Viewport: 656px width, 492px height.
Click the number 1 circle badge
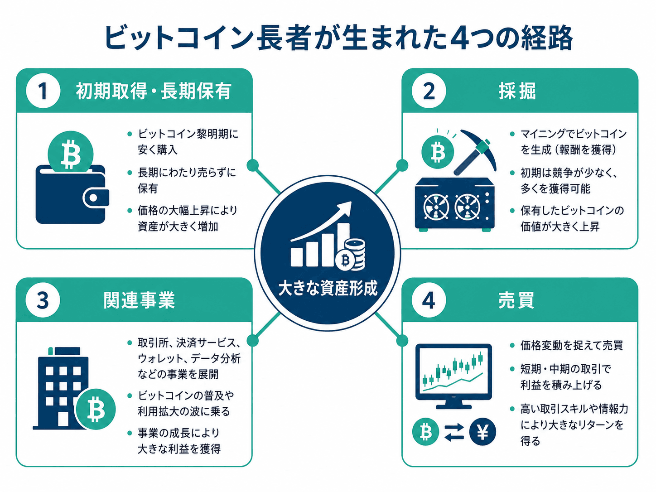(x=43, y=91)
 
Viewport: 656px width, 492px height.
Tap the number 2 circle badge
(x=429, y=91)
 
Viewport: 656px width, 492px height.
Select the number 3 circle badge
(x=43, y=300)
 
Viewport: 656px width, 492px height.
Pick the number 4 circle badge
(x=429, y=300)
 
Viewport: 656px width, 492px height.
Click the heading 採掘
(x=517, y=91)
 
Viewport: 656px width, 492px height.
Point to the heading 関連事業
(x=139, y=300)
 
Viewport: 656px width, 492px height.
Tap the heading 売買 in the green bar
(x=516, y=300)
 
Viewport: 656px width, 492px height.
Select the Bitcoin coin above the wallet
(x=71, y=153)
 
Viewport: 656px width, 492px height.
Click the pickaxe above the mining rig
(x=475, y=152)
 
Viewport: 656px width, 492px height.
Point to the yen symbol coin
(x=482, y=432)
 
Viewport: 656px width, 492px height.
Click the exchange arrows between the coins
(x=454, y=432)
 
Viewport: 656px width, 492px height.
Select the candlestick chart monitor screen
(x=453, y=371)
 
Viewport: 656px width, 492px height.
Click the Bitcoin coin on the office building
(x=96, y=409)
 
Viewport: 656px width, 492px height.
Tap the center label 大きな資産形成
(x=328, y=289)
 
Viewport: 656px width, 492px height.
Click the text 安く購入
(x=158, y=150)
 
